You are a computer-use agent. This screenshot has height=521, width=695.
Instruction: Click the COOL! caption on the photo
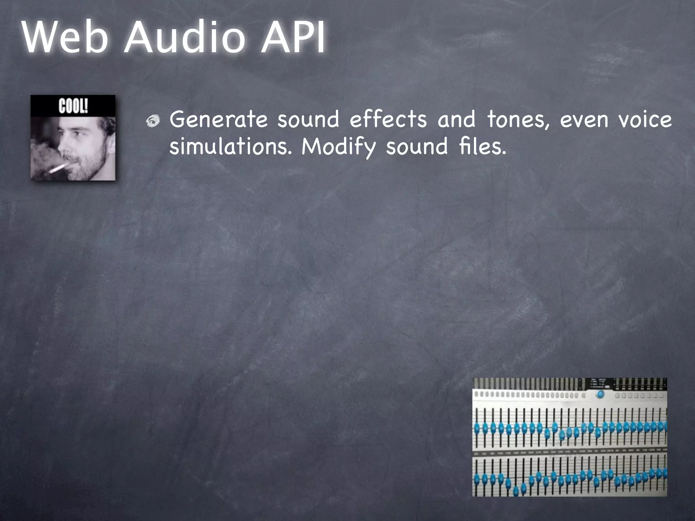[x=73, y=106]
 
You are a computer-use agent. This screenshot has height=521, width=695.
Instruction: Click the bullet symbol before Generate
[x=153, y=121]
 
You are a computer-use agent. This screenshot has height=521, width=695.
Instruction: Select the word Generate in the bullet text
[x=219, y=119]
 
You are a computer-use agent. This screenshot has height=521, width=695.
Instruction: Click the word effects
[x=388, y=119]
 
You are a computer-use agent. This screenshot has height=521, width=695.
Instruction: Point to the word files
[x=482, y=147]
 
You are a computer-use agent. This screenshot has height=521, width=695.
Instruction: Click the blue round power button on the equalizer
[x=600, y=394]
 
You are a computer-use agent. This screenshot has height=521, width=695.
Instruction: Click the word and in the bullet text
[x=456, y=119]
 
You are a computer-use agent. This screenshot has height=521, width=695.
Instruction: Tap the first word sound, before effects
[x=308, y=119]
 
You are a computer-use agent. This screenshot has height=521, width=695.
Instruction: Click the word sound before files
[x=417, y=147]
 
